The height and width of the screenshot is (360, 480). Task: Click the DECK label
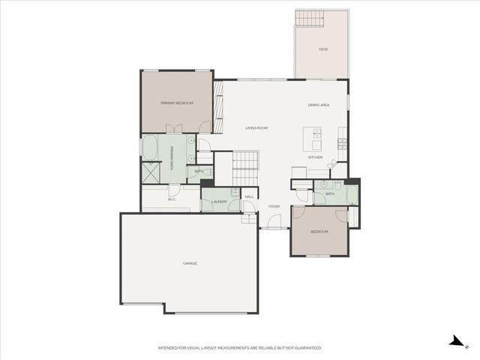pyautogui.click(x=323, y=49)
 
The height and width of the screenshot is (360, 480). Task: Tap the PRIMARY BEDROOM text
pyautogui.click(x=177, y=103)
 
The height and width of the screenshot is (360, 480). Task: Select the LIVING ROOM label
pyautogui.click(x=256, y=128)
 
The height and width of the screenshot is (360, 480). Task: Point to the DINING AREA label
pyautogui.click(x=319, y=105)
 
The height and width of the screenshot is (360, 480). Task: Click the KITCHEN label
pyautogui.click(x=316, y=157)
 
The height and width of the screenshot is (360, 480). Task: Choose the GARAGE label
pyautogui.click(x=190, y=263)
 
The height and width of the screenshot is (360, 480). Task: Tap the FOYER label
pyautogui.click(x=274, y=206)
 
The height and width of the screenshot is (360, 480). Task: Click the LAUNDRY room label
pyautogui.click(x=219, y=202)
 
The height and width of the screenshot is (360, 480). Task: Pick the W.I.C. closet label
pyautogui.click(x=172, y=199)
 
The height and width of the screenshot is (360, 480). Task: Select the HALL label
pyautogui.click(x=249, y=196)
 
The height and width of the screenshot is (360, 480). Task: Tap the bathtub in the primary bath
pyautogui.click(x=150, y=147)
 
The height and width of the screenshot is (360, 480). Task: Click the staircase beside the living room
pyautogui.click(x=245, y=166)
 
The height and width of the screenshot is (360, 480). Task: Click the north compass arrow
pyautogui.click(x=455, y=342)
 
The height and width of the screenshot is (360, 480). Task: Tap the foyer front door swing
pyautogui.click(x=274, y=221)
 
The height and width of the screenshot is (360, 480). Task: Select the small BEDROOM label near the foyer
pyautogui.click(x=319, y=232)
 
